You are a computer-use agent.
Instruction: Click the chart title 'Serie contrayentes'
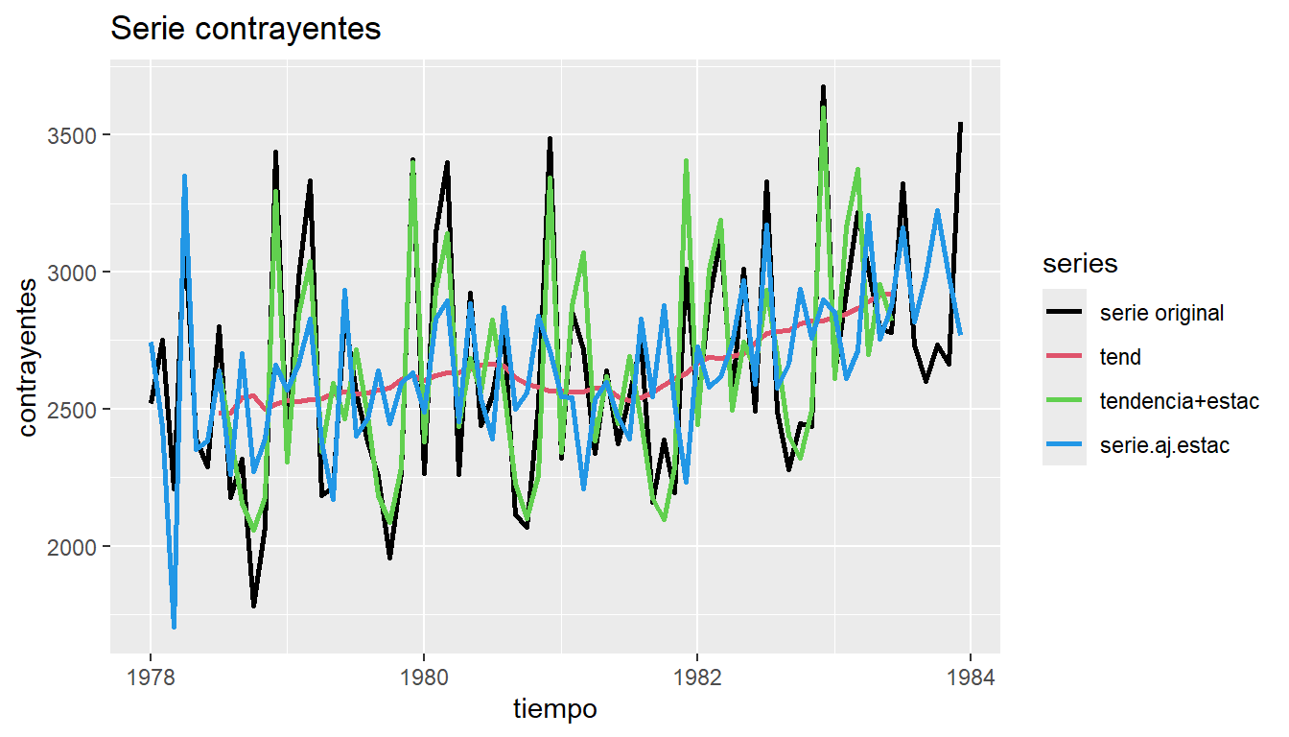246,30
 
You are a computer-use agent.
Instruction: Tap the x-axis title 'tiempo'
555,709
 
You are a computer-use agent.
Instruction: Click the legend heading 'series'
1080,264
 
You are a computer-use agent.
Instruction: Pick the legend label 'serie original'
1161,313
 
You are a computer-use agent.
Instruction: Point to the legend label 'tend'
1120,358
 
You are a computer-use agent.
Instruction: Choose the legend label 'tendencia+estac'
1179,402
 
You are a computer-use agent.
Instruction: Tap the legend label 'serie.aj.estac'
1164,446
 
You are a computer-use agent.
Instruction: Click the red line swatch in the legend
1065,358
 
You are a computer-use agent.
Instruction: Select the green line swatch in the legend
1065,402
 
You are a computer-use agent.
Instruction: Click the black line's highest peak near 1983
823,87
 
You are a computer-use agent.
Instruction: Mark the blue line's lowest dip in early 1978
174,627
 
